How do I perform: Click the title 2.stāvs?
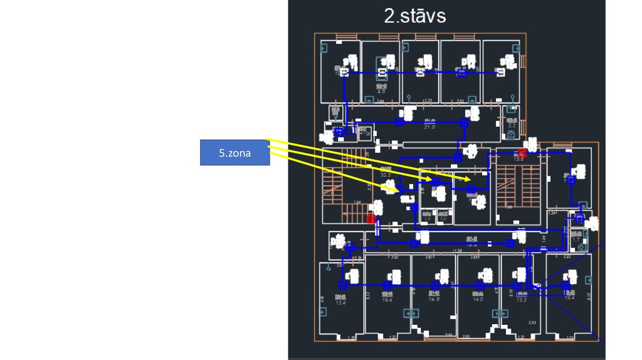(x=415, y=16)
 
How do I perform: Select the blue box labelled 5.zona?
(x=235, y=152)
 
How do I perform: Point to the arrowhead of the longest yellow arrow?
(x=468, y=179)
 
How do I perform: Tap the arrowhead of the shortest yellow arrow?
(x=396, y=191)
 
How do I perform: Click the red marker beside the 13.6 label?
(x=522, y=152)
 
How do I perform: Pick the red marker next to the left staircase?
(x=371, y=219)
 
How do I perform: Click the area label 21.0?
(x=429, y=127)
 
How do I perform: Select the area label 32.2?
(x=386, y=175)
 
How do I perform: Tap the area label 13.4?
(x=340, y=302)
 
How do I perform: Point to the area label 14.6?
(x=434, y=300)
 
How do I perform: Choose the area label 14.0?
(x=478, y=299)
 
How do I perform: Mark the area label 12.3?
(x=521, y=299)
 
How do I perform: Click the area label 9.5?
(x=381, y=92)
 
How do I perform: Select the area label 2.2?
(x=512, y=125)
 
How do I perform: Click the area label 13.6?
(x=518, y=159)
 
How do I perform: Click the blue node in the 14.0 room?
(x=480, y=285)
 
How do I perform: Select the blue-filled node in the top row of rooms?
(x=462, y=73)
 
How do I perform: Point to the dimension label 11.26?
(x=457, y=251)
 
